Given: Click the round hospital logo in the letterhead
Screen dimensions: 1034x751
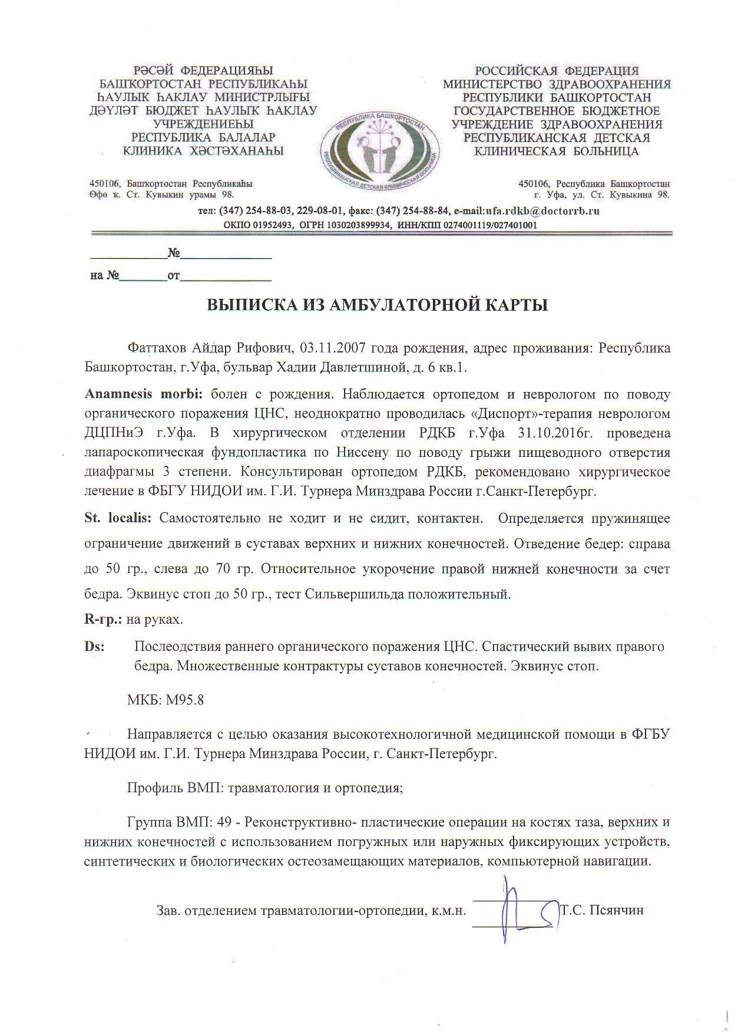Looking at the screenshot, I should coord(380,150).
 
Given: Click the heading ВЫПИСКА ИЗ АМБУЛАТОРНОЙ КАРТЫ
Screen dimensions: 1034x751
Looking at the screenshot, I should coord(377,305).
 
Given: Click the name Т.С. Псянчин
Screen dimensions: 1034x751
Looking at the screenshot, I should coord(602,910).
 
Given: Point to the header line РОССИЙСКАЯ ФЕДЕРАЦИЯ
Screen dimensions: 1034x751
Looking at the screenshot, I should coord(557,71).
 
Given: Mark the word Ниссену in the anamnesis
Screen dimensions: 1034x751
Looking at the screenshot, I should coord(360,453).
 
